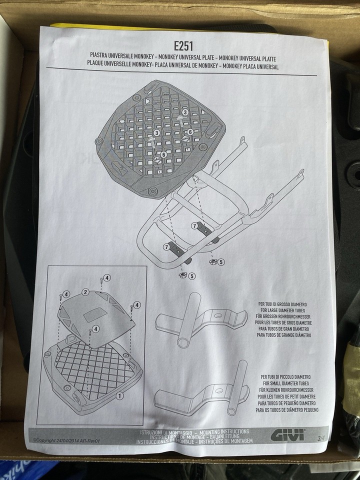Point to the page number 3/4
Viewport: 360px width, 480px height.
coord(320,438)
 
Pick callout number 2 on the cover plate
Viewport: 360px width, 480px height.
coord(85,291)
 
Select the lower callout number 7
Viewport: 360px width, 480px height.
coord(165,247)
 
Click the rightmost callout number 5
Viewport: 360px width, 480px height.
coord(221,261)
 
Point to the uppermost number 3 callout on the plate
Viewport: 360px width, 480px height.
coord(184,113)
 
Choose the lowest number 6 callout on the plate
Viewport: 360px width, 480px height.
coord(163,154)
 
